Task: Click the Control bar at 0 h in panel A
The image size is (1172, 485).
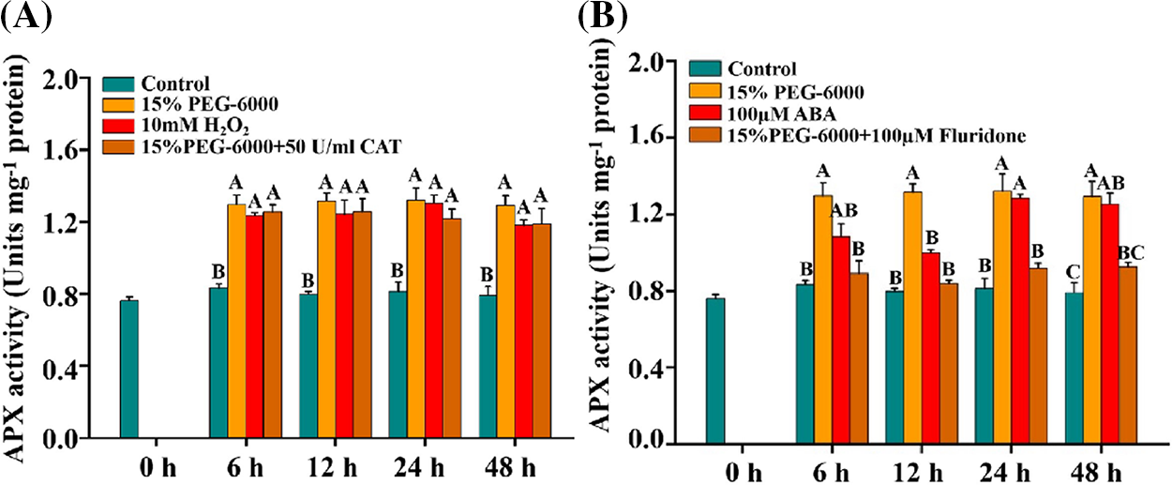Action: tap(128, 370)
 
